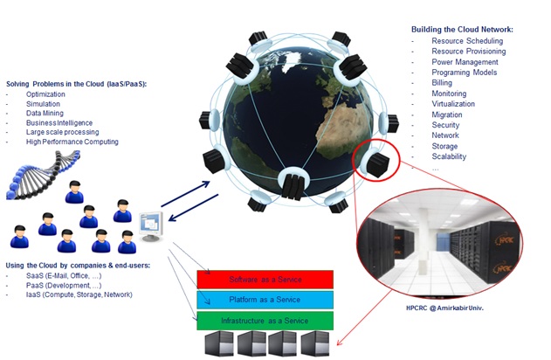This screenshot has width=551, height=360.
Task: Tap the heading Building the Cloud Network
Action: click(x=462, y=30)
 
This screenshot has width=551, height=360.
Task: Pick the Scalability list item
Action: click(x=449, y=157)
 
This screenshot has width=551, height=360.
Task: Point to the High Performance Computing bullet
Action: click(x=72, y=142)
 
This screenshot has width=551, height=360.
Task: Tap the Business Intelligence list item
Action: click(x=59, y=122)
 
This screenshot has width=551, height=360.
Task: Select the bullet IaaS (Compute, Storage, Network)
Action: click(x=79, y=295)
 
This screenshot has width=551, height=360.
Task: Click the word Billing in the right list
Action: click(x=443, y=83)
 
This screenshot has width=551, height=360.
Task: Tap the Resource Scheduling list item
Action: click(x=467, y=41)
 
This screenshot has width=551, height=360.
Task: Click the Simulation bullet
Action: click(x=44, y=103)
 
